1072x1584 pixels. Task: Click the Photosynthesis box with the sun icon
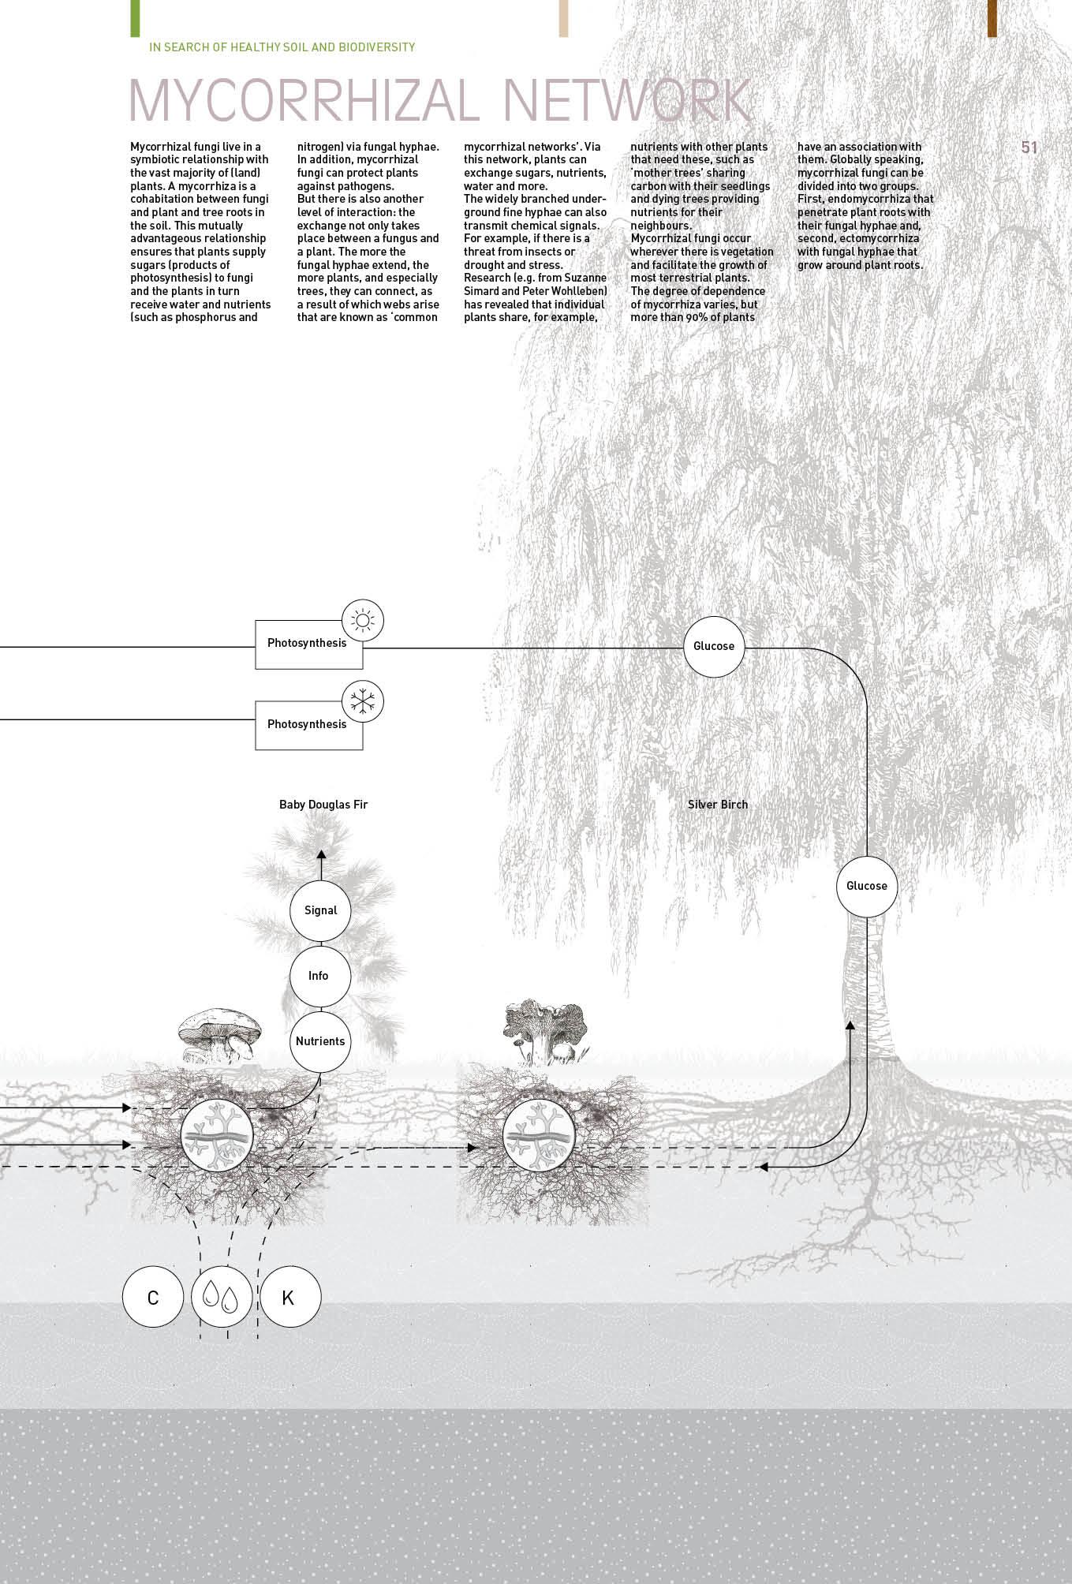click(x=308, y=644)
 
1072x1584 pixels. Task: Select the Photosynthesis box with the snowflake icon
click(x=308, y=725)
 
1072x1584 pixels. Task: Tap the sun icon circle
click(x=362, y=620)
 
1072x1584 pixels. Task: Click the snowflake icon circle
click(x=362, y=701)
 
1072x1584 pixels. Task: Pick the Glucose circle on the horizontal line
click(x=714, y=647)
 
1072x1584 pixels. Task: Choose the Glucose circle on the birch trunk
click(x=866, y=886)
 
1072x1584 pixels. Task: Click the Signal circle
click(x=320, y=910)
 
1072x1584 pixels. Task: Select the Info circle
click(x=319, y=976)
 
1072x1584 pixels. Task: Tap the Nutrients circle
click(x=320, y=1041)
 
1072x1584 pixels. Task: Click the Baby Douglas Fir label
click(x=323, y=805)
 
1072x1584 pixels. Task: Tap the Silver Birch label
click(x=718, y=805)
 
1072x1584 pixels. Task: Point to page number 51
click(x=1029, y=148)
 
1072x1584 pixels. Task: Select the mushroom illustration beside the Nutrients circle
click(x=220, y=1033)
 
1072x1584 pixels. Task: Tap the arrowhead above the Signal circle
click(x=320, y=854)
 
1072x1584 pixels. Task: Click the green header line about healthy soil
click(x=282, y=47)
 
